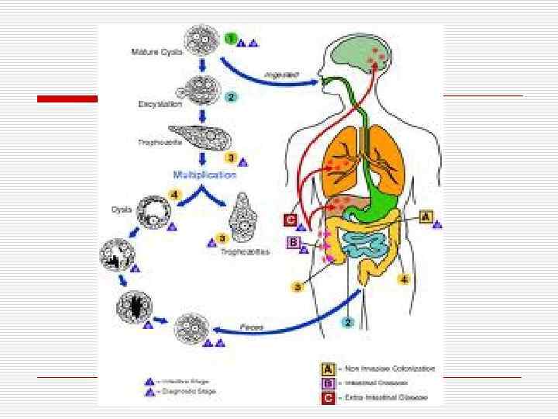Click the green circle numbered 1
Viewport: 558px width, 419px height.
pyautogui.click(x=230, y=38)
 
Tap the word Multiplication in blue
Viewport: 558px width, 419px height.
pyautogui.click(x=205, y=175)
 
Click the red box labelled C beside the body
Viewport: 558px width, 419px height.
pyautogui.click(x=290, y=220)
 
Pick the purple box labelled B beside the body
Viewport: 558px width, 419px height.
pyautogui.click(x=293, y=243)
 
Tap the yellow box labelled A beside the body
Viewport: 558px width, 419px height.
pyautogui.click(x=425, y=216)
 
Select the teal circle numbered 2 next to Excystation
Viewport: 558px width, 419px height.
pyautogui.click(x=230, y=97)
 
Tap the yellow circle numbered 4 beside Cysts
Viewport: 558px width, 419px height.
pyautogui.click(x=176, y=194)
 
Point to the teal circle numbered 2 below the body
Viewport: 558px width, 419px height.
pyautogui.click(x=349, y=320)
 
